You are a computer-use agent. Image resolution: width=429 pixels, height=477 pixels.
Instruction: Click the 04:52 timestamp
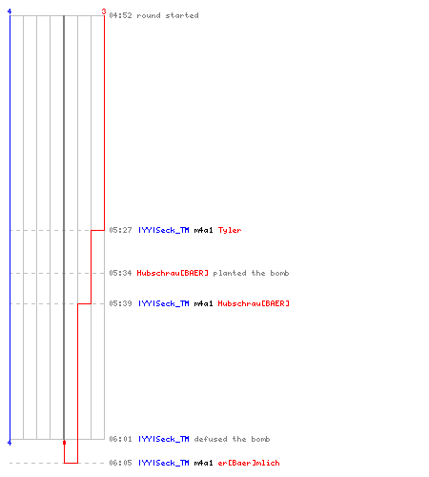120,15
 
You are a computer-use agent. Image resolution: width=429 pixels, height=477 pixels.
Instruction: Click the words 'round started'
168,15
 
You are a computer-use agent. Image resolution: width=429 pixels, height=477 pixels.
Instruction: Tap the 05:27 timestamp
120,230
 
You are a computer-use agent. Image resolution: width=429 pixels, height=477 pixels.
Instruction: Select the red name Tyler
230,230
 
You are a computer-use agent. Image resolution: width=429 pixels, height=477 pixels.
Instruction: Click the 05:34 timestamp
120,273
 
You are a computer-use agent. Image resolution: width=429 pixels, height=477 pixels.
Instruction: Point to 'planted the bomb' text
251,273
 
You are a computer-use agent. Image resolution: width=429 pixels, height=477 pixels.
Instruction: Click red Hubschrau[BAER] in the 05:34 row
173,273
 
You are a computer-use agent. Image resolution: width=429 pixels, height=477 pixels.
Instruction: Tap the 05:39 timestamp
120,303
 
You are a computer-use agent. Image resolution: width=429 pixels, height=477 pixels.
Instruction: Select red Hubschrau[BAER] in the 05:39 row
254,303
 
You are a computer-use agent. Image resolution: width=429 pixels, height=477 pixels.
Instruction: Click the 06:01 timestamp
120,439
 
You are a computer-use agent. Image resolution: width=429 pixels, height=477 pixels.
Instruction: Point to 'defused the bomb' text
232,439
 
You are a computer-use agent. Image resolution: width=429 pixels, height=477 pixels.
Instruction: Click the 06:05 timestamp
120,463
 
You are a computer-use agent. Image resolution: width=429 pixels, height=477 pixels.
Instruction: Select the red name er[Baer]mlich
249,463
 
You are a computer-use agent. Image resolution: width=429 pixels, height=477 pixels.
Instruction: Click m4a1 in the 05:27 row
203,230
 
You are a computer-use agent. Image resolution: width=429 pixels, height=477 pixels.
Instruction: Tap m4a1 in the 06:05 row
203,463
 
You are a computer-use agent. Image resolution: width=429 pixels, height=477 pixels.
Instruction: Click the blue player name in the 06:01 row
164,439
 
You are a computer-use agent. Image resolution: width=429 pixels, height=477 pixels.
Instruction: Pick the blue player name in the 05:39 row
164,303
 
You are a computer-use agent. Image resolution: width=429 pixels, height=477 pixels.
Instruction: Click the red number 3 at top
104,11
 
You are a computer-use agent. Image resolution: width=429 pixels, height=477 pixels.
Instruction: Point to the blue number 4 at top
10,11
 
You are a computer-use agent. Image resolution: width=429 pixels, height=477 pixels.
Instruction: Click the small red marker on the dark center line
64,443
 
